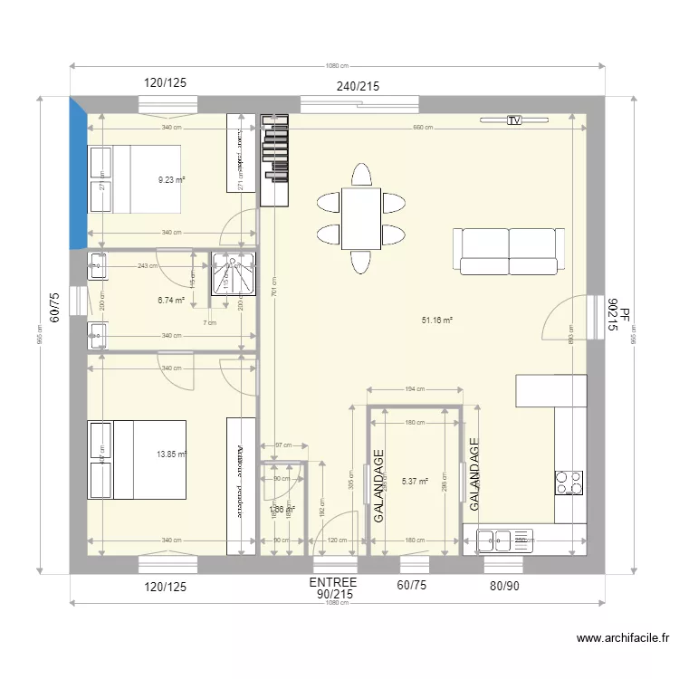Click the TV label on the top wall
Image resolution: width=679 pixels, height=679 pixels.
(514, 120)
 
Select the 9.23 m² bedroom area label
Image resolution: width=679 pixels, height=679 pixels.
(171, 179)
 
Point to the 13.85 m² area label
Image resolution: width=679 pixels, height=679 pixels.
(171, 454)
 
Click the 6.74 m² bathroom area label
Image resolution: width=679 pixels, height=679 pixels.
(171, 301)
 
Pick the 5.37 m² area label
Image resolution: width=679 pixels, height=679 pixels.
(416, 482)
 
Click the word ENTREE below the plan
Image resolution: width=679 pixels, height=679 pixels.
(333, 582)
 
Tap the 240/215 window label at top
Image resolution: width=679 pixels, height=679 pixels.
(359, 87)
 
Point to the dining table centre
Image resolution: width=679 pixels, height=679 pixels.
(360, 218)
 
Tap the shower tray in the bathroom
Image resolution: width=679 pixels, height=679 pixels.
(234, 274)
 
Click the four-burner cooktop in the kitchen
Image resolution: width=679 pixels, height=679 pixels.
(569, 483)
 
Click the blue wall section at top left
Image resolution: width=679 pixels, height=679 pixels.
(78, 177)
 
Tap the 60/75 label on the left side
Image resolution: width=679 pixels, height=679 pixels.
(54, 308)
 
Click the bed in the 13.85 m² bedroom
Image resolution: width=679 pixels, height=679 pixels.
(137, 459)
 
